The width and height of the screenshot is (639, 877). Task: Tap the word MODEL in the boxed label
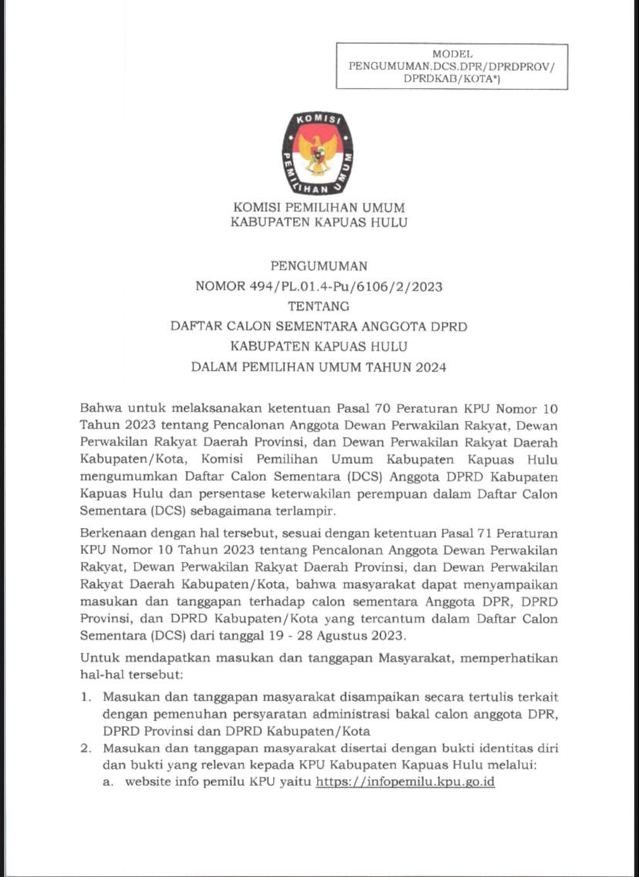click(x=452, y=55)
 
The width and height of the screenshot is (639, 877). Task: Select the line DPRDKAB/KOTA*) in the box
click(x=452, y=79)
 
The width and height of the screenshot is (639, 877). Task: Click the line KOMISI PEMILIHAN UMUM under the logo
click(x=319, y=207)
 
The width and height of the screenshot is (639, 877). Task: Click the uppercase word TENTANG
click(x=319, y=307)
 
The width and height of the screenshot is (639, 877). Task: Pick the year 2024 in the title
click(x=430, y=367)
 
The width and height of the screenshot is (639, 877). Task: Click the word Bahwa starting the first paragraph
click(x=99, y=406)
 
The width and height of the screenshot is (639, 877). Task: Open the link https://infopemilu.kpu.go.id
click(x=405, y=781)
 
